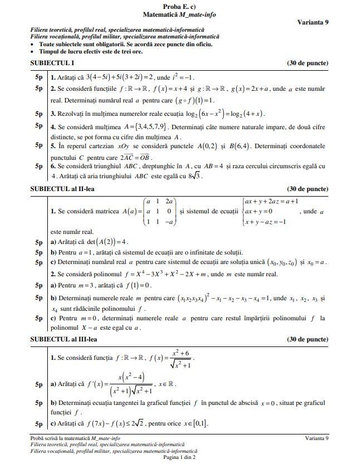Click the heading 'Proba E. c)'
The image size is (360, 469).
click(179, 6)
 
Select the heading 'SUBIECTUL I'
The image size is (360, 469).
click(52, 63)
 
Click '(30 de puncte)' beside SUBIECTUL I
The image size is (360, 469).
click(307, 63)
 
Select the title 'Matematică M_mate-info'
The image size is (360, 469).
click(179, 14)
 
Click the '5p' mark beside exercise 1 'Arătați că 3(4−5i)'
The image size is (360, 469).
click(39, 77)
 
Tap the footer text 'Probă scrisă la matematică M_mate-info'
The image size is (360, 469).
click(75, 438)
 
